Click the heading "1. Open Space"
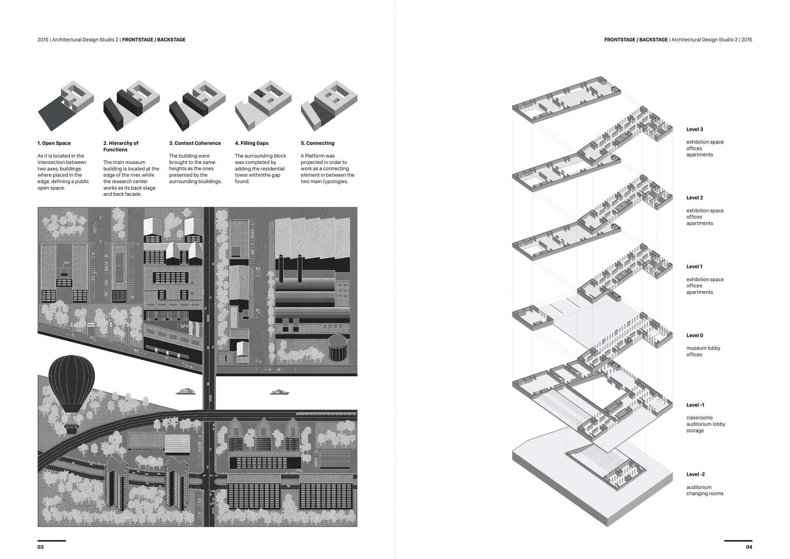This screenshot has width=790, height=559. click(54, 143)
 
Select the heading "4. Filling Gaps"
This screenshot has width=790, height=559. click(252, 143)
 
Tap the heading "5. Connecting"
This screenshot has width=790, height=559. click(318, 143)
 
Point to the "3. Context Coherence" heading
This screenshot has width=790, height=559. click(195, 143)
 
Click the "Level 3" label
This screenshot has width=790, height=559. click(695, 129)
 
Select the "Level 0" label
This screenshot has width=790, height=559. click(695, 335)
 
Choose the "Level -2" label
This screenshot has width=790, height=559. click(696, 474)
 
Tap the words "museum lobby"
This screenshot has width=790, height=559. click(703, 348)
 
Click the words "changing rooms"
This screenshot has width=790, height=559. click(705, 493)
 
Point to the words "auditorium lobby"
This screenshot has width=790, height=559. click(706, 424)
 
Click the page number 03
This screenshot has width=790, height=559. click(41, 547)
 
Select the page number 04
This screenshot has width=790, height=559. click(749, 547)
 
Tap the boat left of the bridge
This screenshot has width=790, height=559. click(186, 392)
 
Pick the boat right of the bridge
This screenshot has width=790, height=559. click(280, 392)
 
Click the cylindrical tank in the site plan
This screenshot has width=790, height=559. click(337, 348)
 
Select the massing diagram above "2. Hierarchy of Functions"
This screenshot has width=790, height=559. click(131, 105)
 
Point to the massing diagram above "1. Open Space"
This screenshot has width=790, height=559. click(66, 105)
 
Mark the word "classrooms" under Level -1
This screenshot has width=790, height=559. click(700, 418)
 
